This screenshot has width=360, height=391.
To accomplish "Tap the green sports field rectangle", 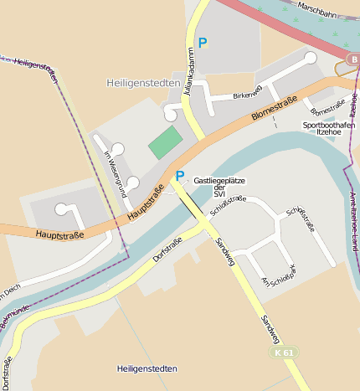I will pos(165,142).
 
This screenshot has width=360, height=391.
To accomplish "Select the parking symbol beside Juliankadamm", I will pos(202,42).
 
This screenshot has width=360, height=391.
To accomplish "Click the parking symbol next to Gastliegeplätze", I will pos(179,176).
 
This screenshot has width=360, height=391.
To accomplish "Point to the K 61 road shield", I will pos(284,353).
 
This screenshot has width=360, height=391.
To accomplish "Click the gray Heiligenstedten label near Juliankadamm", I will pos(142,83).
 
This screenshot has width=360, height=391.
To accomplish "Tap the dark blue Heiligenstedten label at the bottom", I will pos(147,368).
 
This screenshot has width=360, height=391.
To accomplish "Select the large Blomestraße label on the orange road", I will pos(273,111).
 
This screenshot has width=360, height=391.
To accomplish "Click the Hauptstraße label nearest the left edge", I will pos(59,235).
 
